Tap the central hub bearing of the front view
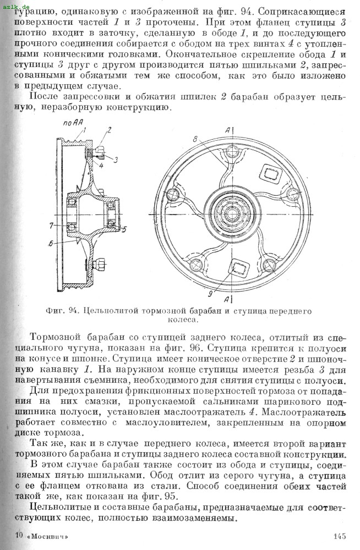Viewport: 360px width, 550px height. coord(227,213)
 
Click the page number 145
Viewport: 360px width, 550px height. coord(339,536)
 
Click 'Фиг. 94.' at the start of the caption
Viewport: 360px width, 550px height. coord(63,311)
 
